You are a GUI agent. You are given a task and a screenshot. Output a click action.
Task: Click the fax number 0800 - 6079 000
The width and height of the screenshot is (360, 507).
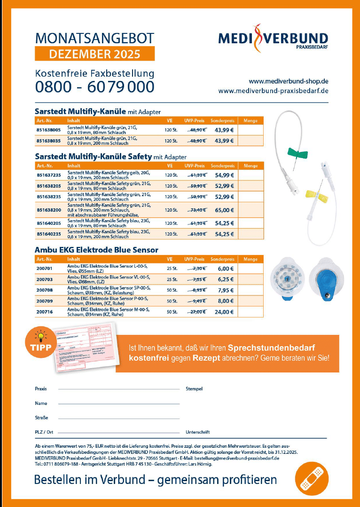pyautogui.click(x=94, y=87)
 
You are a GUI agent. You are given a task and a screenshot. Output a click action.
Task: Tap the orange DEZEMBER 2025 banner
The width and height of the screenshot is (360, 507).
pyautogui.click(x=94, y=54)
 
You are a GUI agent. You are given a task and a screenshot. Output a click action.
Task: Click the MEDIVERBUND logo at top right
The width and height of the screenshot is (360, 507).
pyautogui.click(x=273, y=37)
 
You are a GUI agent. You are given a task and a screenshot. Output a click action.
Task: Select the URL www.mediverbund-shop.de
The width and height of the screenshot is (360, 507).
pyautogui.click(x=288, y=80)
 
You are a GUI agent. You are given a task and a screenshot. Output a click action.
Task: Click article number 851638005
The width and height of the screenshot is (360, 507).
pyautogui.click(x=49, y=129)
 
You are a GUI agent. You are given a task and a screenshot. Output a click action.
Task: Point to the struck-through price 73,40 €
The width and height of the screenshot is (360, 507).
pyautogui.click(x=197, y=210)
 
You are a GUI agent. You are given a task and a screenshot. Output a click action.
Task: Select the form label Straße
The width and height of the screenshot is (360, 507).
pyautogui.click(x=41, y=418)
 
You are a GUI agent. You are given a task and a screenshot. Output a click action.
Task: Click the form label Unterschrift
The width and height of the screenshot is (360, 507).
pyautogui.click(x=198, y=432)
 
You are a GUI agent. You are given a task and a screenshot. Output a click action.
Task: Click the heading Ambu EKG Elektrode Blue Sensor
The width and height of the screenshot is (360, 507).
pyautogui.click(x=96, y=250)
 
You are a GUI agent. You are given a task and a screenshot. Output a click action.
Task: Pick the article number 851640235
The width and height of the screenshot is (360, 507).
pyautogui.click(x=49, y=234)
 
